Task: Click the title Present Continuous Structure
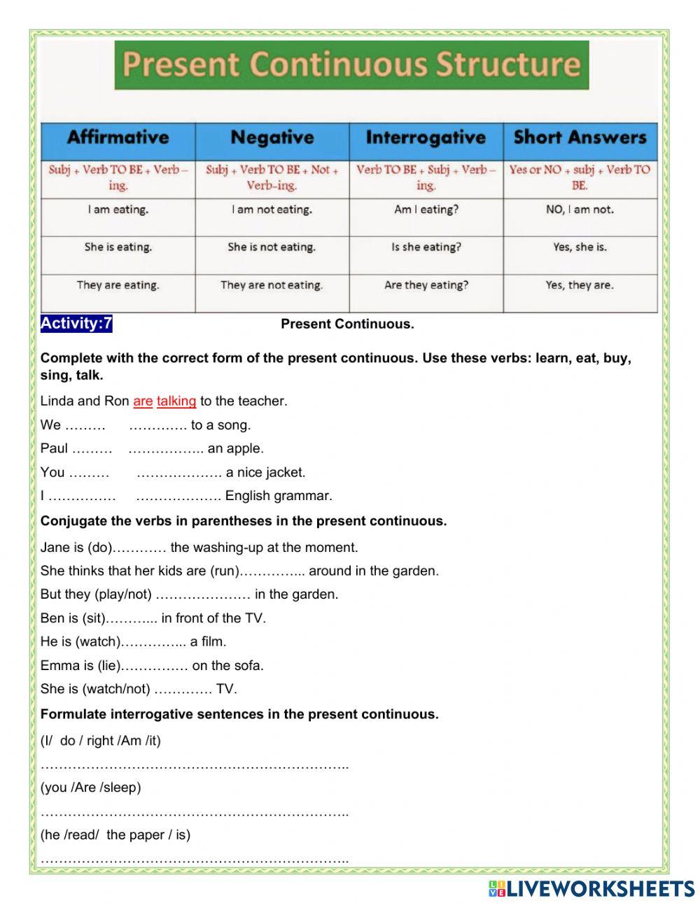coord(351,64)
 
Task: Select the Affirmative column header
coord(118,138)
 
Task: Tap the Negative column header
coord(272,138)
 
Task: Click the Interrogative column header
coord(426,138)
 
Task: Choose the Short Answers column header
coord(580,138)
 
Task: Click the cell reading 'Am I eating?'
coord(426,209)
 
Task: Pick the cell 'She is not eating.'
coord(272,247)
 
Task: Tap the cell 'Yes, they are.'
coord(580,285)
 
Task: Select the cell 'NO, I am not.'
coord(580,209)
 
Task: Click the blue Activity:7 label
coord(76,323)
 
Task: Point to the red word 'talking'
coord(176,401)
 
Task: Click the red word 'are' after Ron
coord(143,401)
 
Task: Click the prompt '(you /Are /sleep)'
coord(91,787)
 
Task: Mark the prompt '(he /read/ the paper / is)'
coord(115,834)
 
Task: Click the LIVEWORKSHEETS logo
coord(591,888)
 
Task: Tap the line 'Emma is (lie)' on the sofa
coord(152,665)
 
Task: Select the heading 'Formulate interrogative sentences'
coord(239,714)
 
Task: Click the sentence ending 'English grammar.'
coord(186,496)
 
